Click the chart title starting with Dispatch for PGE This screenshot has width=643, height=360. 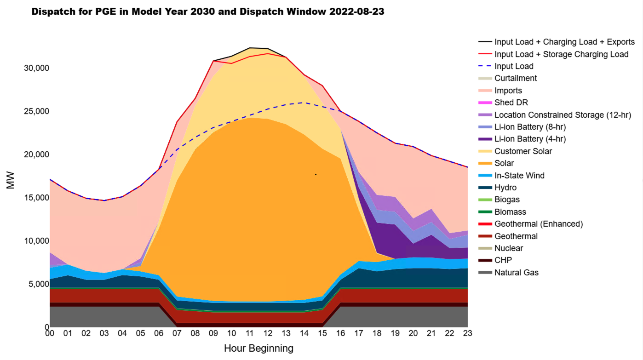click(x=207, y=12)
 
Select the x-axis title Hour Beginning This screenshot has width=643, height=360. click(x=258, y=349)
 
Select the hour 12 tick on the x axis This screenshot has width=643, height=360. click(x=268, y=333)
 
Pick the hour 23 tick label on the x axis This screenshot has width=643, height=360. click(x=468, y=333)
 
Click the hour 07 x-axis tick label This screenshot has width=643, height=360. click(x=177, y=333)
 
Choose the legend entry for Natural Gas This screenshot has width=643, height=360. click(x=516, y=273)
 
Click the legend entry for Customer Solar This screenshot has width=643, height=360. click(x=523, y=151)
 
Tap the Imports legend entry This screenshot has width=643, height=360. click(x=508, y=91)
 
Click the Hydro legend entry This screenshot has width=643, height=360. click(x=505, y=188)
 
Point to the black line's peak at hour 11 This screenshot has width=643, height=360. click(x=250, y=48)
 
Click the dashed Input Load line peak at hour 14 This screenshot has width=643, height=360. click(x=304, y=103)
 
